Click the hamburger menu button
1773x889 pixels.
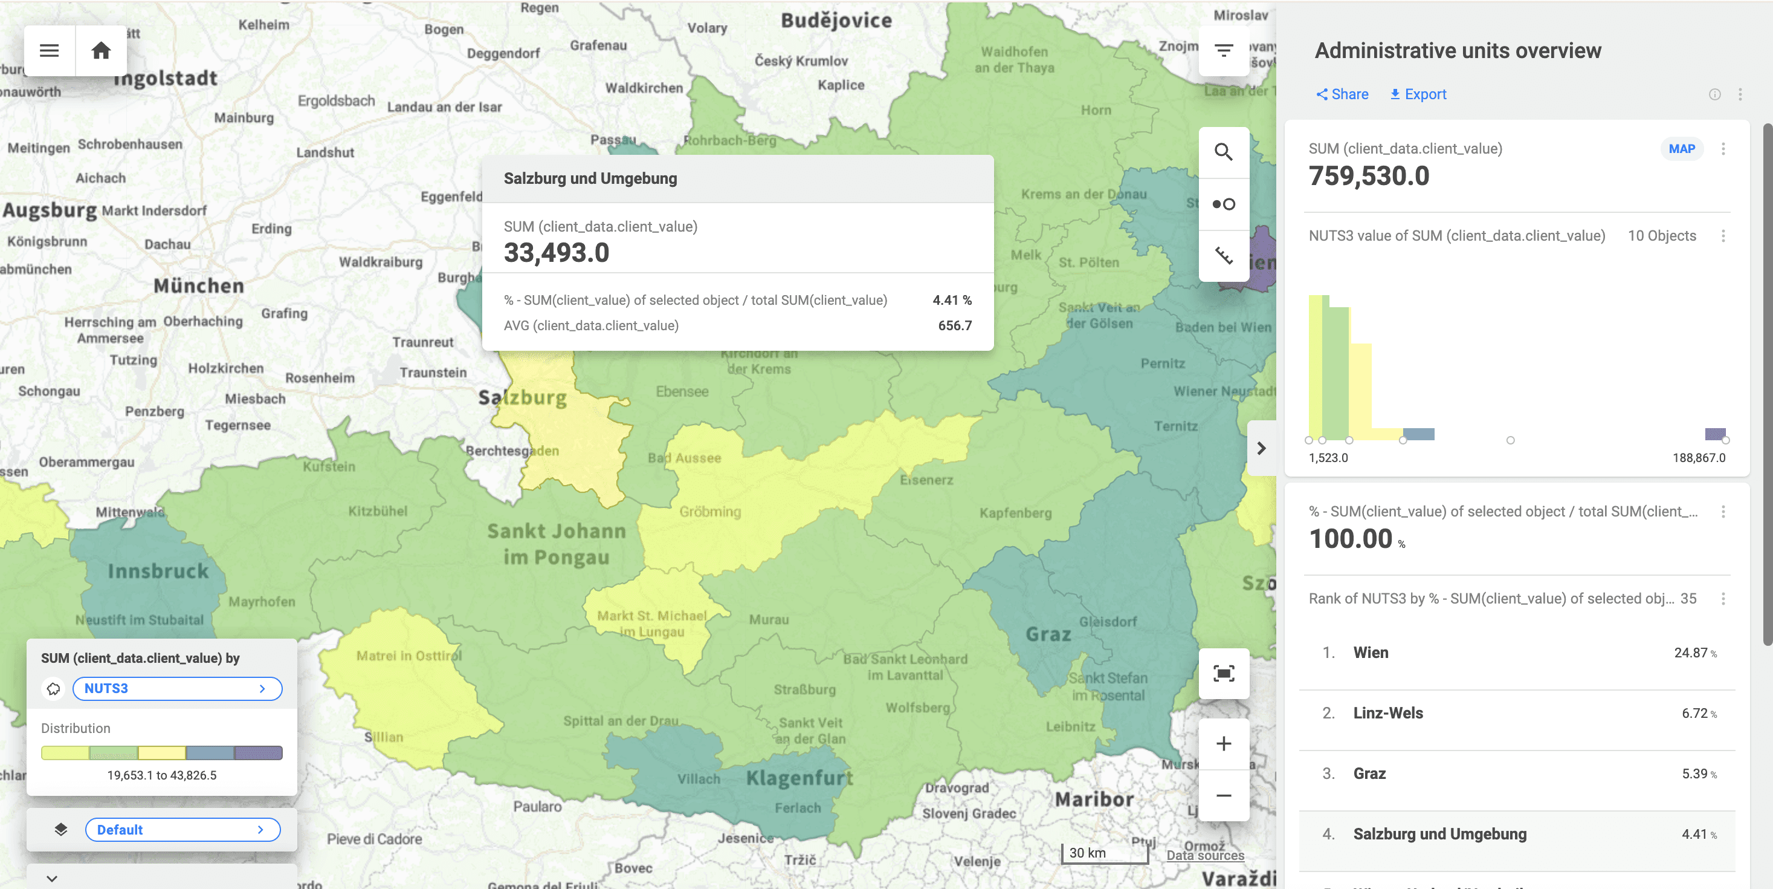click(x=50, y=51)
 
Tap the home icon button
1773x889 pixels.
click(x=101, y=51)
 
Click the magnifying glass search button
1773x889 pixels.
click(x=1223, y=152)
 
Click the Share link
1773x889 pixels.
click(x=1342, y=94)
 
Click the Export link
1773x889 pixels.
click(x=1418, y=94)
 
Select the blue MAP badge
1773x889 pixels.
click(x=1682, y=149)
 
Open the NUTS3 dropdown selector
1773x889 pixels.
click(x=177, y=689)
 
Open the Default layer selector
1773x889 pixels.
click(x=182, y=830)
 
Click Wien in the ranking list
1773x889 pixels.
click(x=1371, y=653)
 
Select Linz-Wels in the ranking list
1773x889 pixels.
click(x=1387, y=714)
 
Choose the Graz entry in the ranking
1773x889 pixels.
click(x=1369, y=774)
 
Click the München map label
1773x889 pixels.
click(x=199, y=286)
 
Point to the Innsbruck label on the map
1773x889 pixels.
click(x=158, y=571)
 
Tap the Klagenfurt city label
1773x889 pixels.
click(x=799, y=778)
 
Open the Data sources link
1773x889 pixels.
click(x=1205, y=855)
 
